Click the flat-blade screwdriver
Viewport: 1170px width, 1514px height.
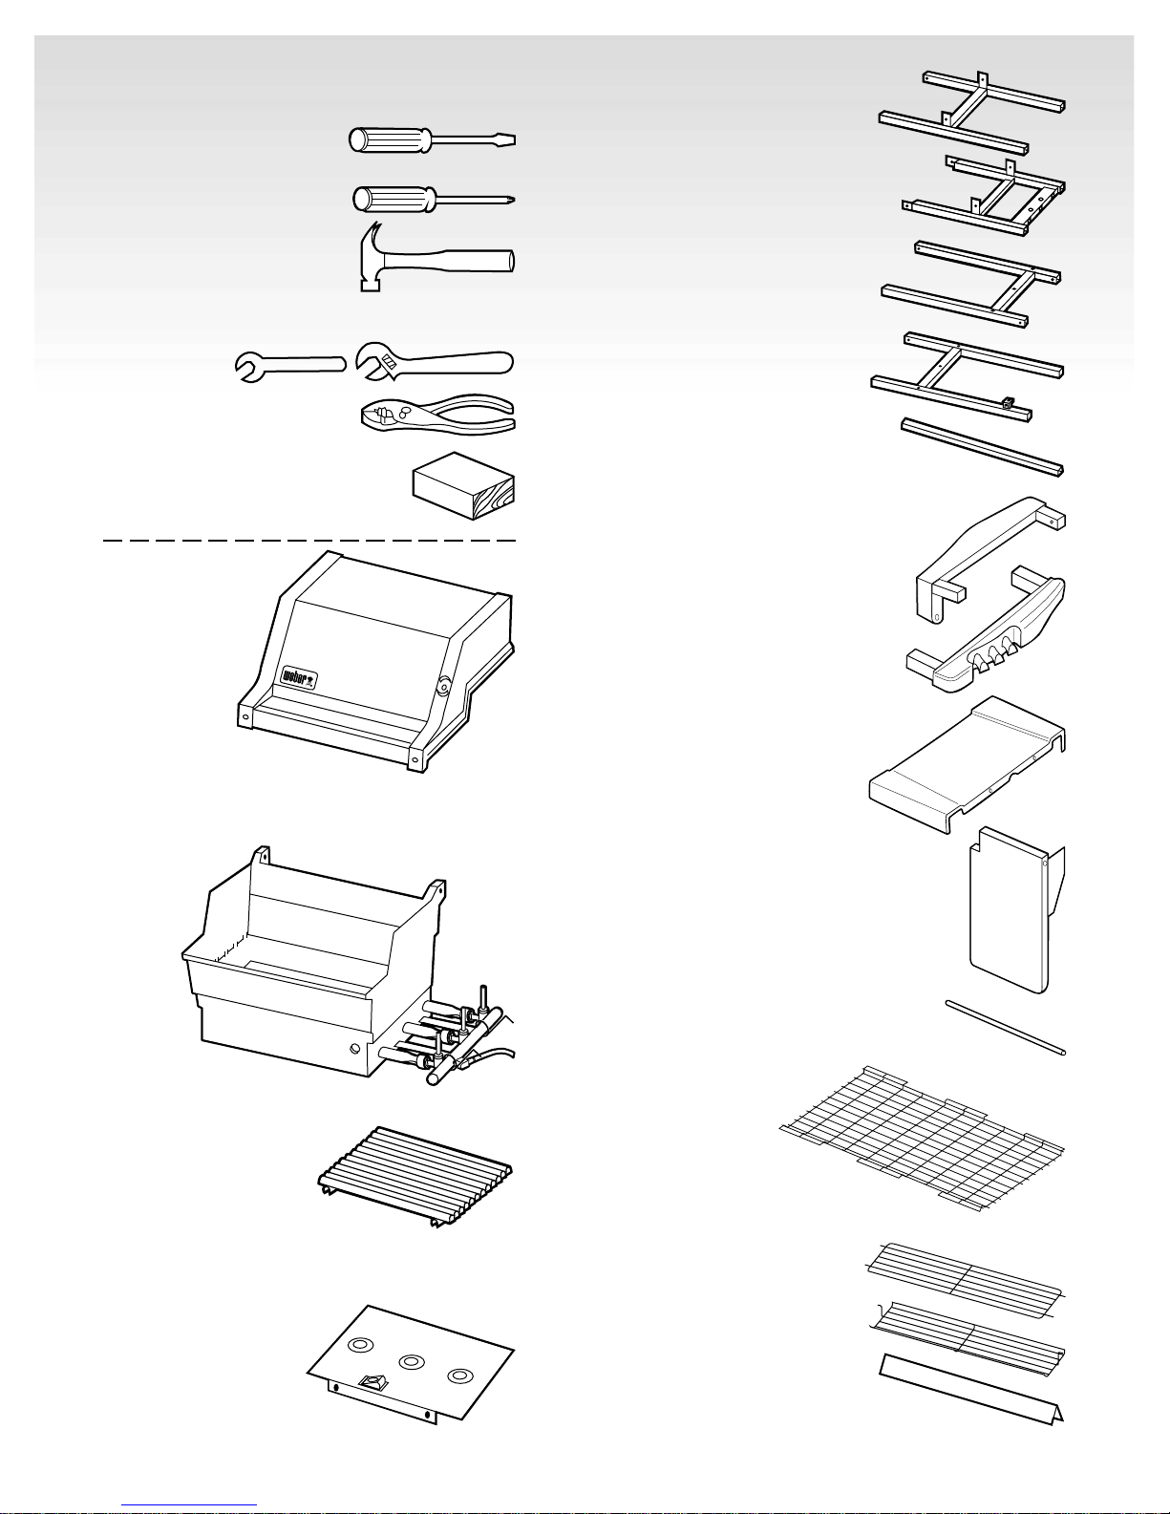click(432, 139)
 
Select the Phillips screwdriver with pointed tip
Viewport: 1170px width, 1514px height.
click(434, 200)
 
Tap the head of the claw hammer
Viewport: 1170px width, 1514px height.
click(372, 258)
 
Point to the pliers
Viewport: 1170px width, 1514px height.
click(438, 416)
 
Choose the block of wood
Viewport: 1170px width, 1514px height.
click(463, 485)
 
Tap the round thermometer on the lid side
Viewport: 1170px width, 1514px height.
click(443, 688)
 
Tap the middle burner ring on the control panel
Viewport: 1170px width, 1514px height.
click(412, 1361)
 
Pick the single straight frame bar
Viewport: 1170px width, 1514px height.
click(982, 447)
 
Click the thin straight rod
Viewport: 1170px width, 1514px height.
click(1005, 1028)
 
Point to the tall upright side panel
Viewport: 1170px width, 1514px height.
click(1017, 909)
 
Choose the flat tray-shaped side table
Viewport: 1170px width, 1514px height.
click(968, 763)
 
